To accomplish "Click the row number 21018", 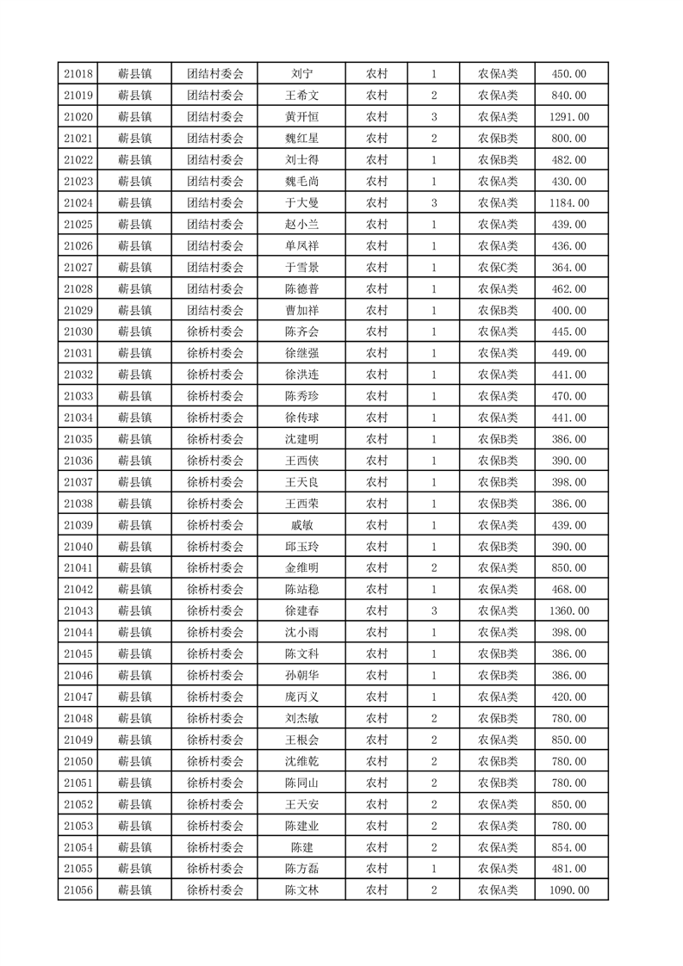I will (78, 74).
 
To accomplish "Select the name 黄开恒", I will (301, 117).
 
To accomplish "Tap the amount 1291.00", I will (568, 117).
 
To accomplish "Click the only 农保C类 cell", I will (497, 268).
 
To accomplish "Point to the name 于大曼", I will (301, 203).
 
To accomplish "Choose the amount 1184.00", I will (568, 203).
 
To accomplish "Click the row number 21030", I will (78, 331).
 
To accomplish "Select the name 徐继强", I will (301, 353).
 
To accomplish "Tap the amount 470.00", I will (568, 396).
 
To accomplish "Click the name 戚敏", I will (301, 525).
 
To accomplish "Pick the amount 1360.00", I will (568, 610).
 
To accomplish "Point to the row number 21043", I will (78, 610).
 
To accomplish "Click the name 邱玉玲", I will (301, 547).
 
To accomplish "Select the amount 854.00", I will (568, 847).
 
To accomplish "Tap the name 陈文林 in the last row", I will (301, 890).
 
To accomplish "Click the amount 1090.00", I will (568, 890).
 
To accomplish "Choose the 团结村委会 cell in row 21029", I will (215, 310).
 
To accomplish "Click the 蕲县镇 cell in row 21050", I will (134, 761).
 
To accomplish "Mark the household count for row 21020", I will (434, 117).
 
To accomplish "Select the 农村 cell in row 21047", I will (376, 697).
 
